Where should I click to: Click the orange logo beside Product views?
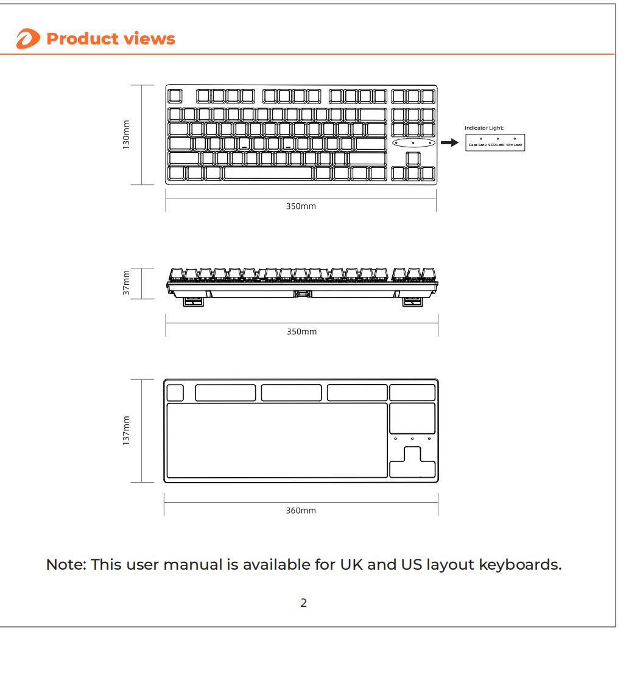tap(28, 40)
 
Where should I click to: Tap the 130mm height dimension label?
tap(126, 135)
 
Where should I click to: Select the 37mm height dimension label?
tap(126, 284)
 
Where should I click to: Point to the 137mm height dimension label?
tap(126, 430)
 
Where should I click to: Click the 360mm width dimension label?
tap(301, 511)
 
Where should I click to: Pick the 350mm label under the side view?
tap(301, 332)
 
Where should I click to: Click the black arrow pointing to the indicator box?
tap(449, 142)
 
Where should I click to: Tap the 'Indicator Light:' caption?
tap(484, 128)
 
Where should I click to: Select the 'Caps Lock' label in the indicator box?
tap(477, 145)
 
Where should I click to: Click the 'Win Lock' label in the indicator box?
tap(514, 145)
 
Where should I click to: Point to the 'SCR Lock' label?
tap(496, 145)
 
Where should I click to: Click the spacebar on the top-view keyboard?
tap(267, 173)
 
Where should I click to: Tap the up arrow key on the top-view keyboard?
tap(413, 158)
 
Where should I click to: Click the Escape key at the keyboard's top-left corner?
tap(175, 96)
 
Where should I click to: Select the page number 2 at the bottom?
tap(303, 603)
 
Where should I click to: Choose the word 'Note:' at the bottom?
tap(66, 564)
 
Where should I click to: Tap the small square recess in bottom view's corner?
tap(175, 393)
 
